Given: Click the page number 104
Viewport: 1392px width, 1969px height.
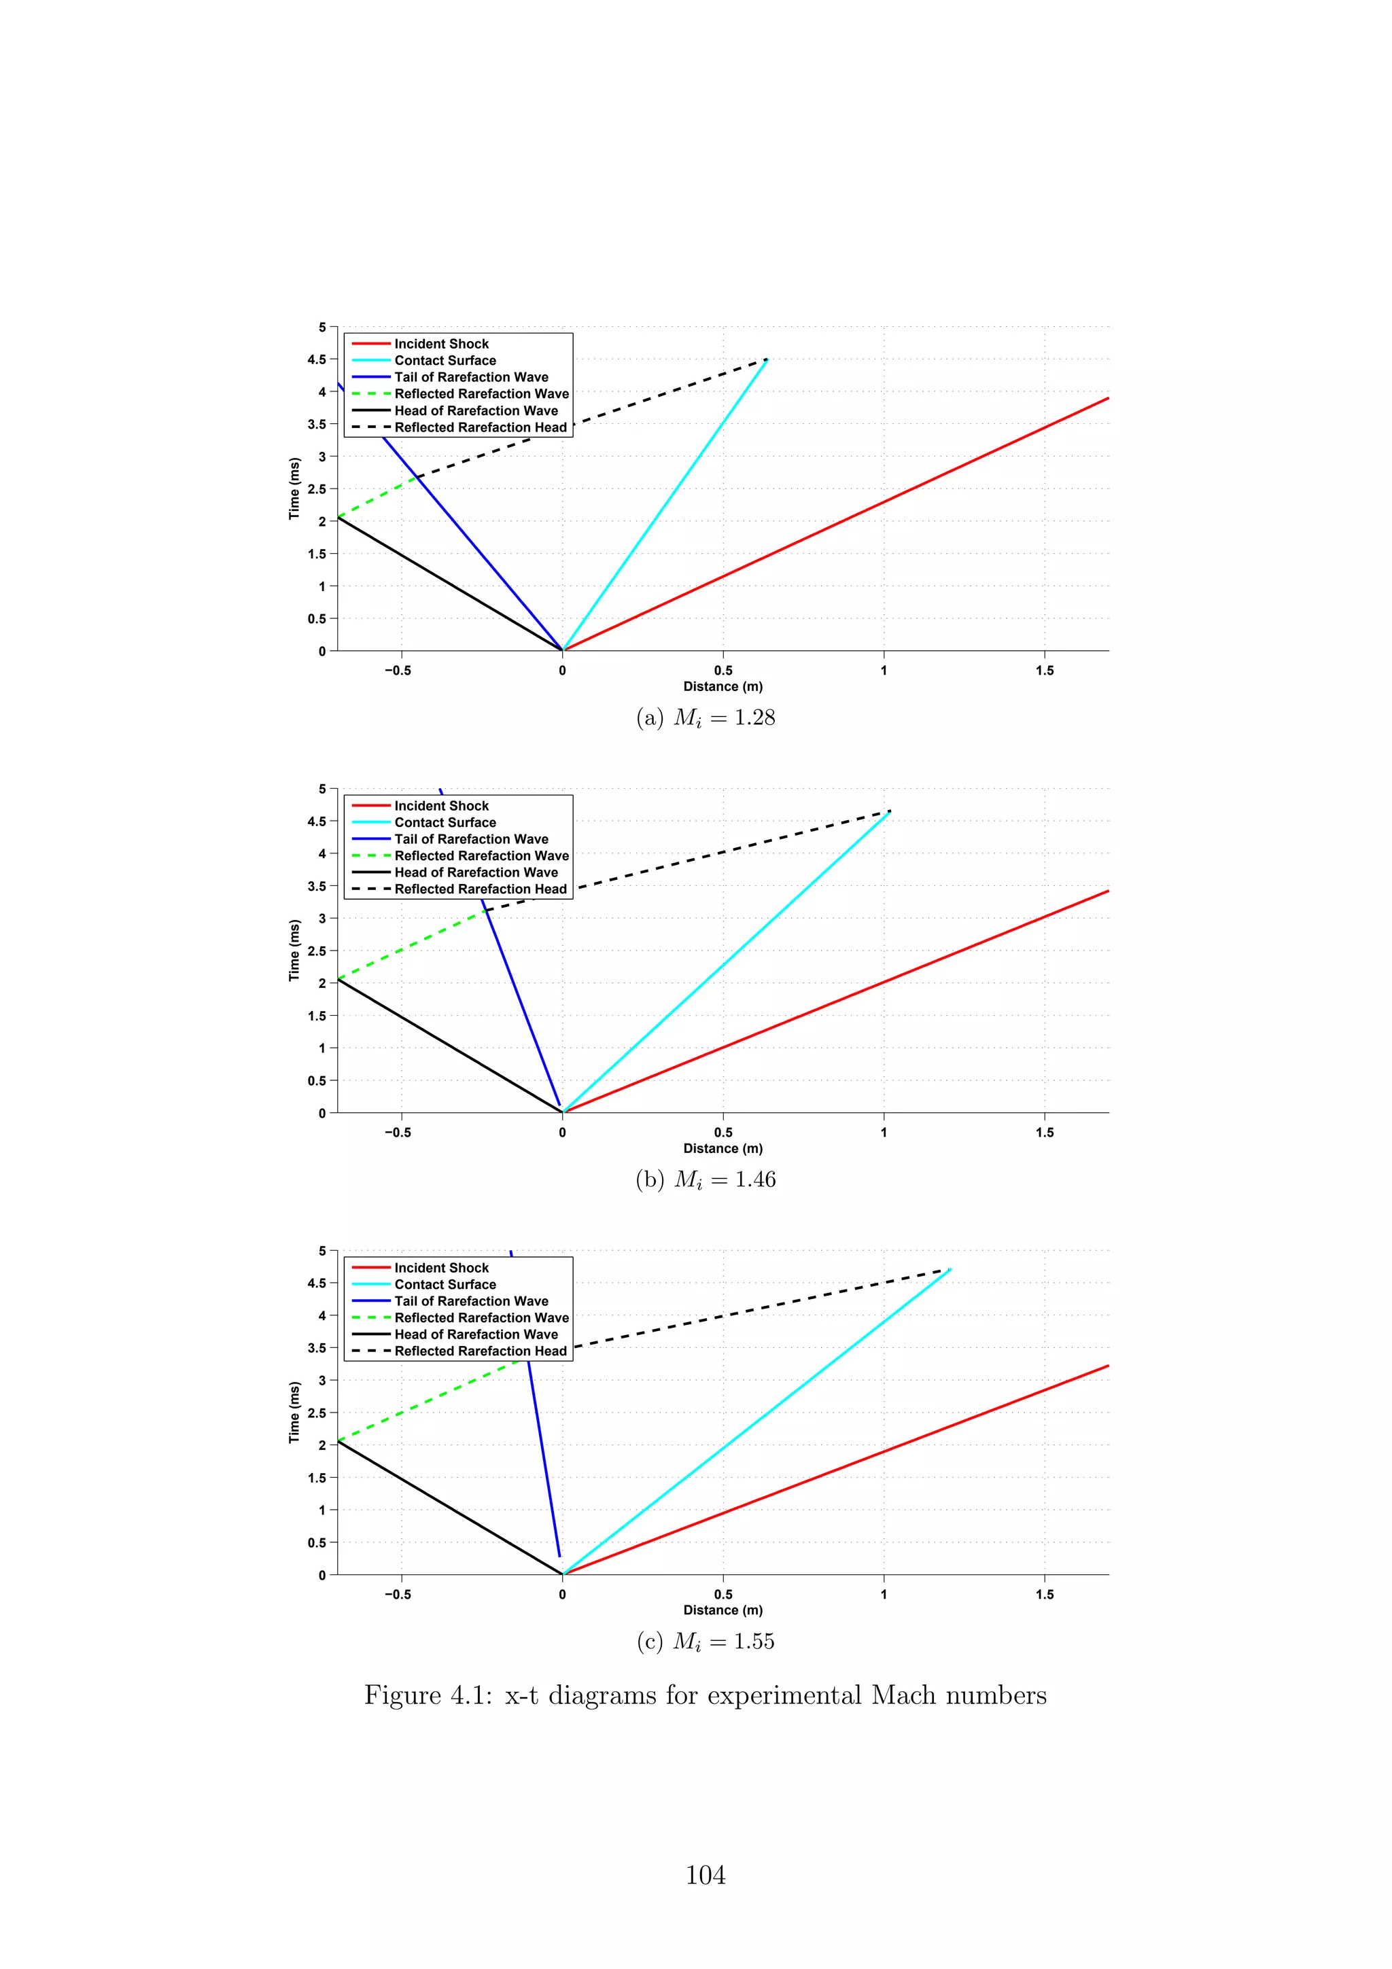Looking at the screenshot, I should (705, 1875).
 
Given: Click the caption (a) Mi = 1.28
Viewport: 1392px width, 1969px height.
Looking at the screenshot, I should (705, 717).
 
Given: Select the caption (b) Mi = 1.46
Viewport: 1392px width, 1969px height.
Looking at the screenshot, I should (705, 1180).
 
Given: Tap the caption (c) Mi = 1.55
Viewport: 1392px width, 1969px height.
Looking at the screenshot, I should (705, 1642).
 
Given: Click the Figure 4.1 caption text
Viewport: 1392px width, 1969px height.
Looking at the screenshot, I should (705, 1695).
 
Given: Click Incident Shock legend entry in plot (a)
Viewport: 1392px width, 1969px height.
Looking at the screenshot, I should (441, 344).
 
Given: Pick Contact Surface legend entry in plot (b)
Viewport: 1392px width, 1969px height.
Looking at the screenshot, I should (445, 822).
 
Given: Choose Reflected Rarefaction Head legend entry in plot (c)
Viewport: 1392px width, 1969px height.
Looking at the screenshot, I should (481, 1351).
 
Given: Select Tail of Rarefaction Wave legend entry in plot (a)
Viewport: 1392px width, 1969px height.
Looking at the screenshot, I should (471, 377).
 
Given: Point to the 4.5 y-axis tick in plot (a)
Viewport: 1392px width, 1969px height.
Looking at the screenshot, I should (317, 359).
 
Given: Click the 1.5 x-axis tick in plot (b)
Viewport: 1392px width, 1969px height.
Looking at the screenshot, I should (1044, 1133).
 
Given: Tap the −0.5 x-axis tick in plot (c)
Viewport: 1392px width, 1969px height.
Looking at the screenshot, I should (397, 1594).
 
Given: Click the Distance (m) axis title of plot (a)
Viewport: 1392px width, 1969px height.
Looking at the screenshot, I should (722, 686).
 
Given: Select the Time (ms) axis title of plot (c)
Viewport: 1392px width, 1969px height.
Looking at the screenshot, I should (295, 1412).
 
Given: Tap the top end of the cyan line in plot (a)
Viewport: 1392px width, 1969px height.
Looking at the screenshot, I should (766, 360).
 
